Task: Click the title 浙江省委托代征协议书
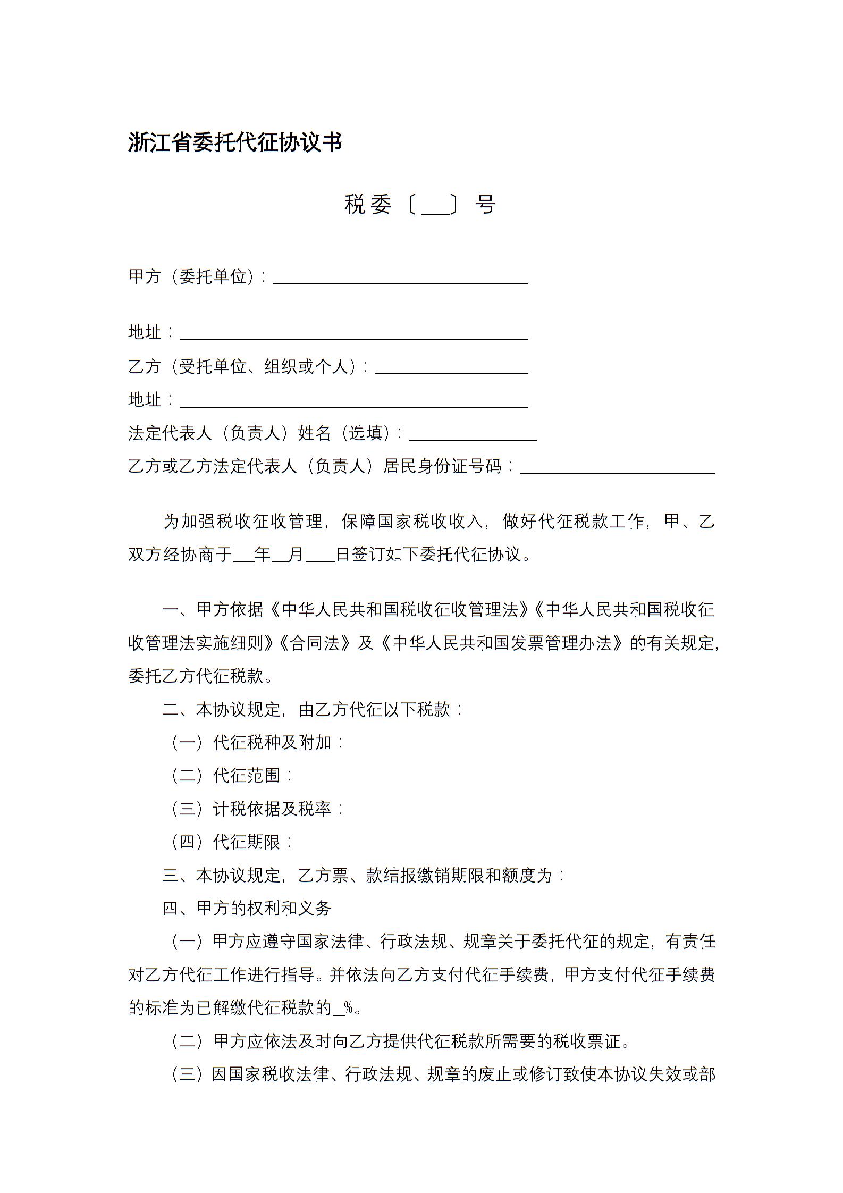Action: (235, 142)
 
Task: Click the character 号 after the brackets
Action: (485, 204)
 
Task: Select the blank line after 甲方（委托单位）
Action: (400, 279)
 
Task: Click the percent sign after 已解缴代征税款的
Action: (349, 1008)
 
